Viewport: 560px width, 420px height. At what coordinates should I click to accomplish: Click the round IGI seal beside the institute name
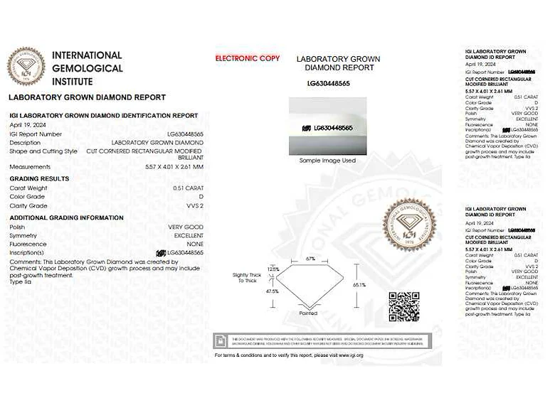coord(26,66)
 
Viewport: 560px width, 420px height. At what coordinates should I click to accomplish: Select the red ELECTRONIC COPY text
coord(247,58)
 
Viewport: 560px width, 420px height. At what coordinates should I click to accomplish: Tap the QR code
coord(403,307)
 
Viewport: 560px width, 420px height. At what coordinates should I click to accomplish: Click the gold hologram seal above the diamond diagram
coord(408,224)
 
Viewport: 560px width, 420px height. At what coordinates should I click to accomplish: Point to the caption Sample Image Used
coord(327,161)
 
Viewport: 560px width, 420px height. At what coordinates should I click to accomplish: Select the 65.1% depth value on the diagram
coord(359,285)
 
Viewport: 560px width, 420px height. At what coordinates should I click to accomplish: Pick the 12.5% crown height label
coord(274,269)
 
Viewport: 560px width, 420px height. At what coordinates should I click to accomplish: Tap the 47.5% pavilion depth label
coord(272,291)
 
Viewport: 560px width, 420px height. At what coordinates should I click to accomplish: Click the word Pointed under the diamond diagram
coord(308,313)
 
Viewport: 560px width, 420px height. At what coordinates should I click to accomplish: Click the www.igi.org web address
coord(351,355)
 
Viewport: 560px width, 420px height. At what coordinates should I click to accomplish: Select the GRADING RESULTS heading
coord(39,178)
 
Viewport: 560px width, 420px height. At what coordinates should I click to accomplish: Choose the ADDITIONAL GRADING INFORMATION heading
coord(66,217)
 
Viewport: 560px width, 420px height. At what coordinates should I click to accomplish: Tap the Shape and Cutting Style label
coord(43,151)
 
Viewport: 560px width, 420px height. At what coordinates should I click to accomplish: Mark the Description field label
coord(26,142)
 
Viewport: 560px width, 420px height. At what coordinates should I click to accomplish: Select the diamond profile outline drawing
coord(310,286)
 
